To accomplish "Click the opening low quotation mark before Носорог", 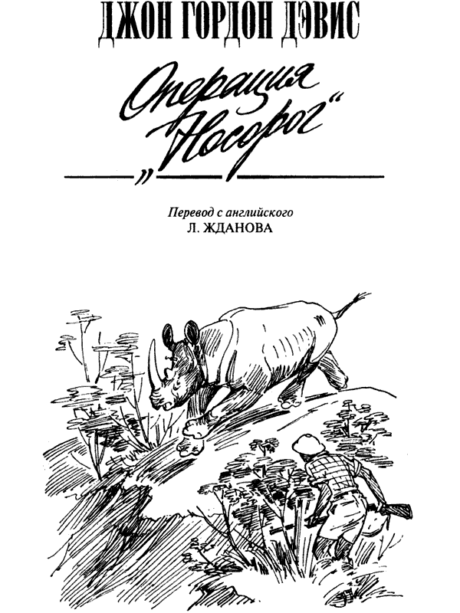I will [x=140, y=177].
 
